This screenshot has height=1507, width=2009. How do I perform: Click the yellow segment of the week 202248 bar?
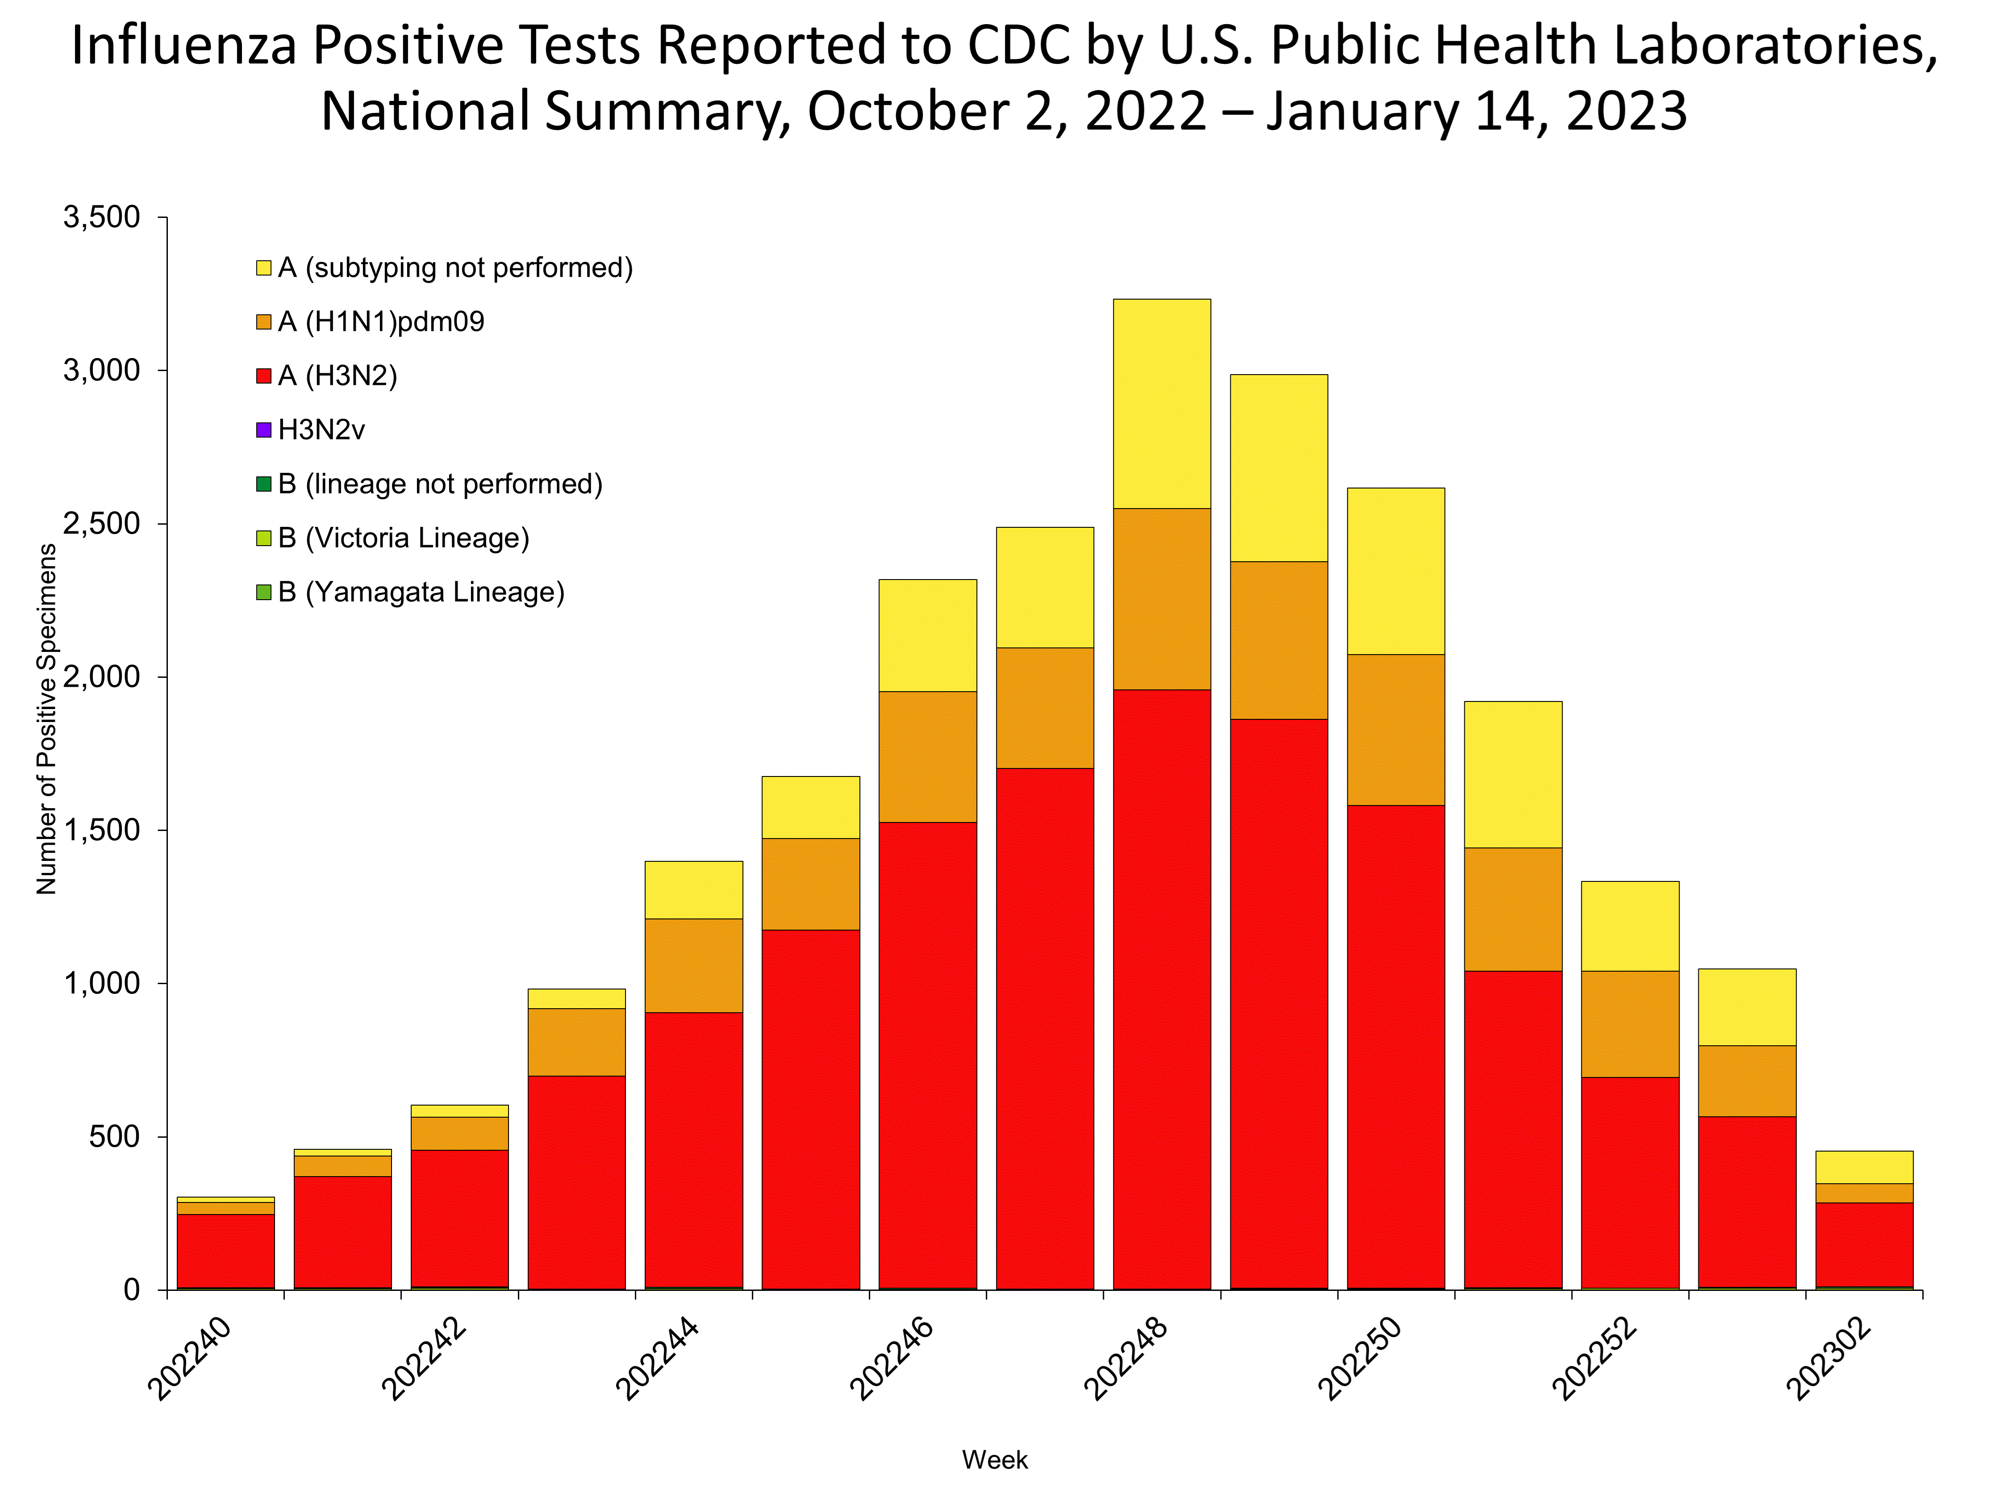(1162, 403)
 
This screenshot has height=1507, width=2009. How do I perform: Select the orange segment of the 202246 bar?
(927, 757)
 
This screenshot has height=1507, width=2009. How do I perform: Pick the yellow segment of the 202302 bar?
(1864, 1167)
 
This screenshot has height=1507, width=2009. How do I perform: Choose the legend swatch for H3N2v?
(263, 430)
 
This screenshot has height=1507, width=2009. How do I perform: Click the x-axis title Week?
(995, 1460)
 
